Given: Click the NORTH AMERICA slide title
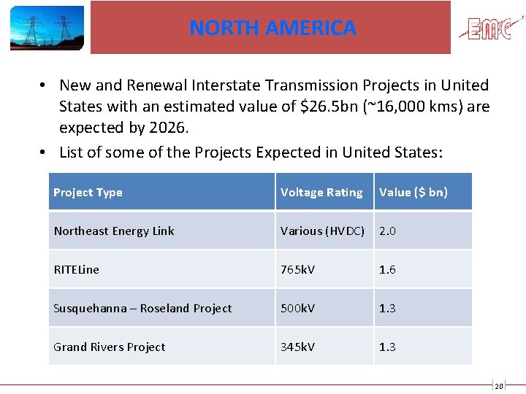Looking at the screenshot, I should point(272,28).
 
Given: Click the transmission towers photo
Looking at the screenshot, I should point(47,28).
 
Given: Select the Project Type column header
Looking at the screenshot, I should point(88,193).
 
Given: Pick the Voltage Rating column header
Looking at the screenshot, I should point(321,193).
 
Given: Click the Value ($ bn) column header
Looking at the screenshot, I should point(413,193).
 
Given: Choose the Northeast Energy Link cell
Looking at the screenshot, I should point(114,231).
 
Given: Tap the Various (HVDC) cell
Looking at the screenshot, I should point(322,231).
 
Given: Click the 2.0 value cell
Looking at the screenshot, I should point(387,231).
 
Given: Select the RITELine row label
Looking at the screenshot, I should point(76,270).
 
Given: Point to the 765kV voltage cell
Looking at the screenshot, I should point(298,270).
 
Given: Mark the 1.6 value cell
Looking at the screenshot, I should point(387,270).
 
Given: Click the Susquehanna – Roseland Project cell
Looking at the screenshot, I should point(142,309).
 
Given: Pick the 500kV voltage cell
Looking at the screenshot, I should point(298,309).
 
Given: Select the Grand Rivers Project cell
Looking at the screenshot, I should point(110,347).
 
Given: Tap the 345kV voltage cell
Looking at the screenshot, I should point(298,347).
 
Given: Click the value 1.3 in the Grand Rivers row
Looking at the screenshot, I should point(387,347).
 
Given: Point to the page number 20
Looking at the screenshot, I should point(498,387).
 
